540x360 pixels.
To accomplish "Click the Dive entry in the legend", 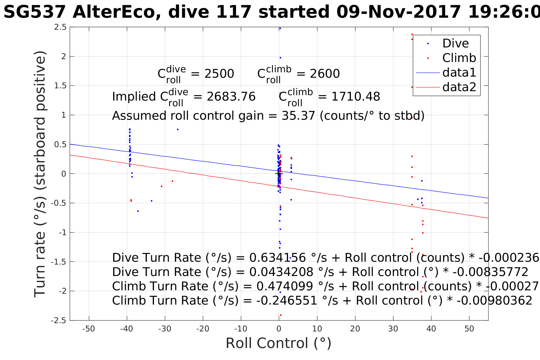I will click(455, 43).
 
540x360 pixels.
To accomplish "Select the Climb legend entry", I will click(459, 58).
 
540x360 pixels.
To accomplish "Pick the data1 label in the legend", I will click(459, 73).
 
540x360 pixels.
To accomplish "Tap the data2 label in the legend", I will click(459, 87).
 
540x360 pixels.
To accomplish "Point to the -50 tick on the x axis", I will click(89, 329).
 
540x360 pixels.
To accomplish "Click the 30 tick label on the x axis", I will click(393, 329).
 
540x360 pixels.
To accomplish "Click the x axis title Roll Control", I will click(278, 343).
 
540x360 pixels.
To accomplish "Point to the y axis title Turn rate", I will click(40, 174).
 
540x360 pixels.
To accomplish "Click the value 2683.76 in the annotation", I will click(231, 97).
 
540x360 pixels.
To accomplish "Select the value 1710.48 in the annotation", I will click(355, 97).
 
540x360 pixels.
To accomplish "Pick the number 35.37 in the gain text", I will click(298, 116).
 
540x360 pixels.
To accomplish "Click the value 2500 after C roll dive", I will click(219, 74).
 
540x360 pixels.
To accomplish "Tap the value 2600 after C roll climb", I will click(325, 74).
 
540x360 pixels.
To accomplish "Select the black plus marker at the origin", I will click(279, 173).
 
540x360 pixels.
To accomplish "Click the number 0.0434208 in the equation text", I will click(281, 272).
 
